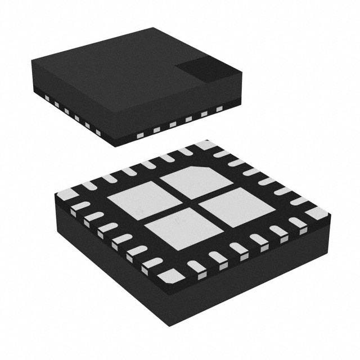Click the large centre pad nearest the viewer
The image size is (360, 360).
(x=175, y=231)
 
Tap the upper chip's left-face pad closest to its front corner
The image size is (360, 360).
(x=98, y=133)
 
